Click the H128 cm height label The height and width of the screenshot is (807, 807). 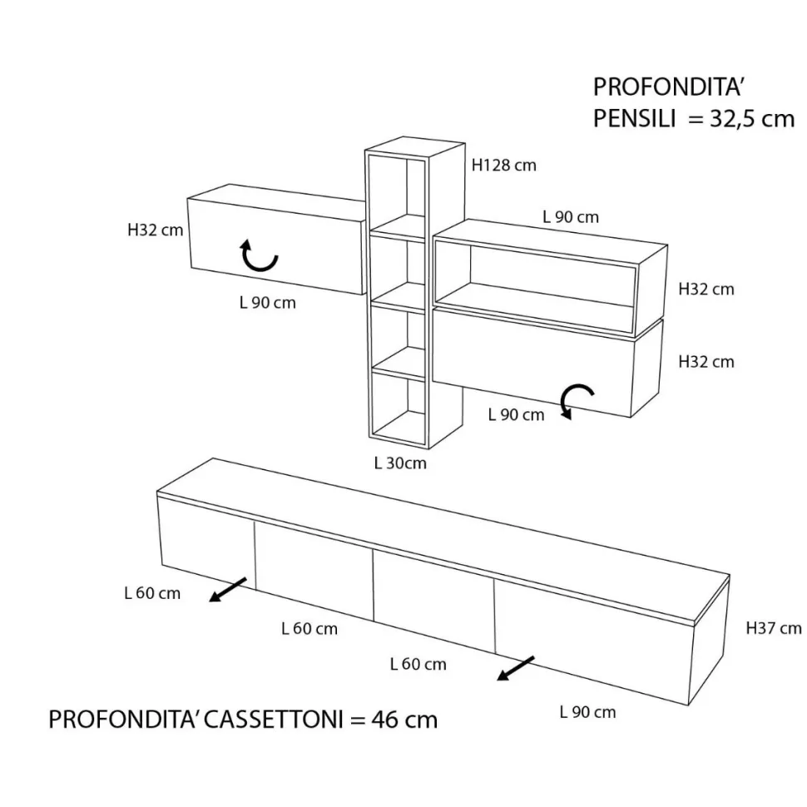pyautogui.click(x=504, y=166)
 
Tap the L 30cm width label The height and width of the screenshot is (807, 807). pyautogui.click(x=400, y=463)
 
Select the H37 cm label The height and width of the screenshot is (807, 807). pyautogui.click(x=774, y=628)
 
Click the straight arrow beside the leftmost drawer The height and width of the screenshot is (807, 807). pyautogui.click(x=227, y=589)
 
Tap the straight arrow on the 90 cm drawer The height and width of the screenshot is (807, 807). pyautogui.click(x=516, y=668)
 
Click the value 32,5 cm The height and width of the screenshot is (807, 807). pyautogui.click(x=752, y=119)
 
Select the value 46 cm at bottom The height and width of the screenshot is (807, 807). pyautogui.click(x=404, y=719)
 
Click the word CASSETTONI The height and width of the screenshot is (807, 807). pyautogui.click(x=274, y=719)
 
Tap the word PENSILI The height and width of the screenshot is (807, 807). pyautogui.click(x=634, y=119)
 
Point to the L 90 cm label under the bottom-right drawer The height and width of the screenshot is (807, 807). pyautogui.click(x=587, y=712)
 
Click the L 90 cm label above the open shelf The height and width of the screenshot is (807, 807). pyautogui.click(x=571, y=216)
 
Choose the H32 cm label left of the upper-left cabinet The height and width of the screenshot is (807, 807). pyautogui.click(x=155, y=230)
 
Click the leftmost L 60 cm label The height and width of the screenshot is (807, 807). pyautogui.click(x=152, y=593)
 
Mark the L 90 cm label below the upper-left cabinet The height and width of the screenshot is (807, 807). pyautogui.click(x=268, y=302)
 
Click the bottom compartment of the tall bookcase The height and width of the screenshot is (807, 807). pyautogui.click(x=399, y=407)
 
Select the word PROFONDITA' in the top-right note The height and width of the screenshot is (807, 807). pyautogui.click(x=667, y=87)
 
